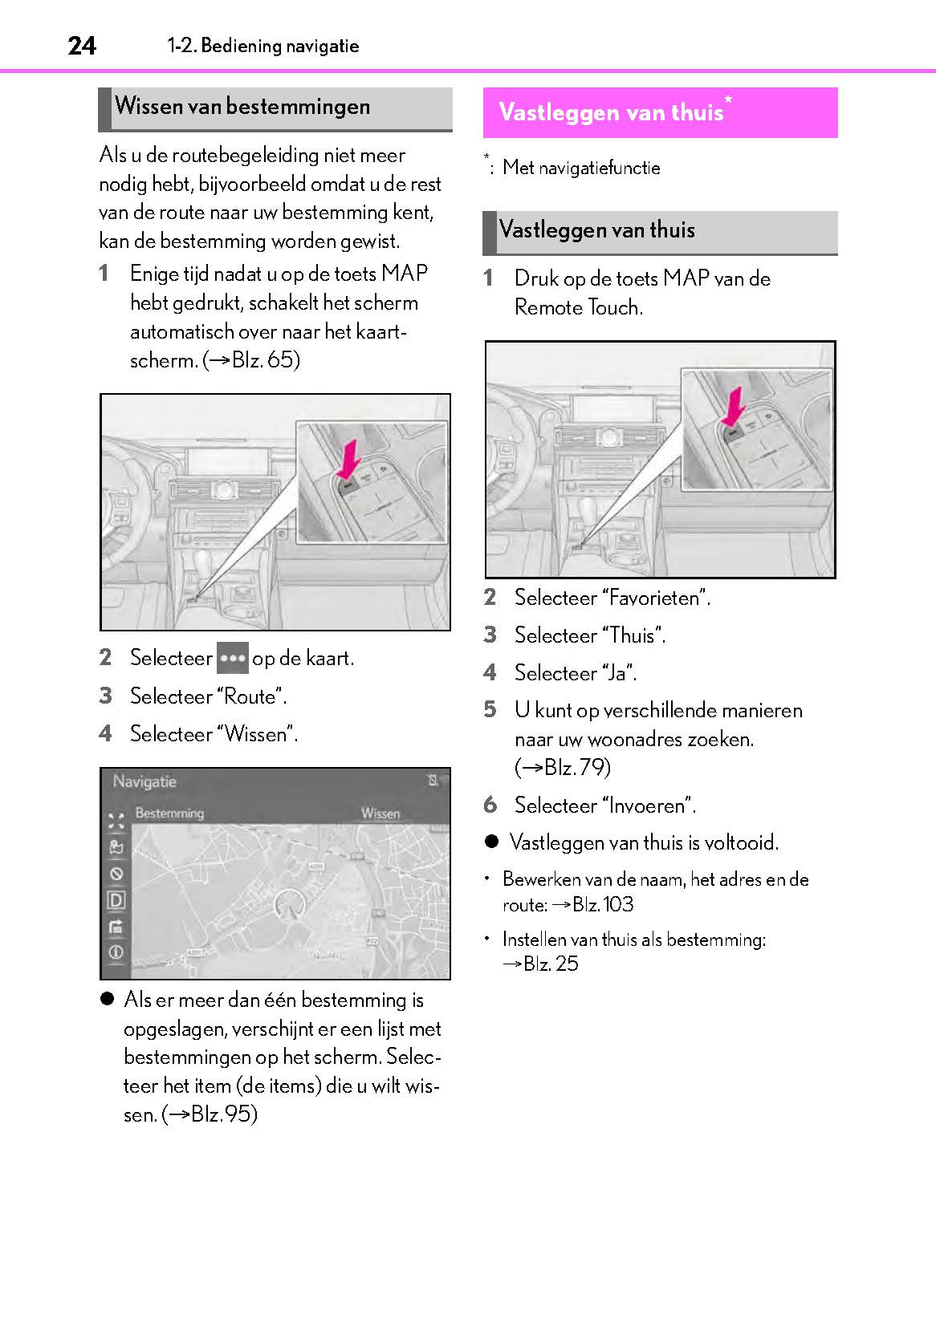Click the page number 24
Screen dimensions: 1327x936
click(82, 46)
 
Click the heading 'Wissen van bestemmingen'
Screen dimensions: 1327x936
click(242, 107)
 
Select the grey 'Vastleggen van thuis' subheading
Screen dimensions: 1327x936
click(596, 230)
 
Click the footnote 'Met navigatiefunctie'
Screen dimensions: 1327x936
click(581, 168)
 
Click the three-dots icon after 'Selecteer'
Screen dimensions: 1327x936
click(232, 658)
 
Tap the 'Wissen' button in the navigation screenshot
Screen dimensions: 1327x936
click(381, 814)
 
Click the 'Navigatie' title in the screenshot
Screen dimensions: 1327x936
click(144, 781)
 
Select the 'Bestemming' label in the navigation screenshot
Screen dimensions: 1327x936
click(169, 814)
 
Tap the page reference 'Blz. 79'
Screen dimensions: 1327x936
click(576, 768)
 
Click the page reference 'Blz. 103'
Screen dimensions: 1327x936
click(602, 905)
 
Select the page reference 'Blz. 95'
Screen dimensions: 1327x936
click(222, 1114)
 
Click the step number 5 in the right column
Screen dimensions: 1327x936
click(490, 710)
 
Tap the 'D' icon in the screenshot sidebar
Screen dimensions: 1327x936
click(116, 900)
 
